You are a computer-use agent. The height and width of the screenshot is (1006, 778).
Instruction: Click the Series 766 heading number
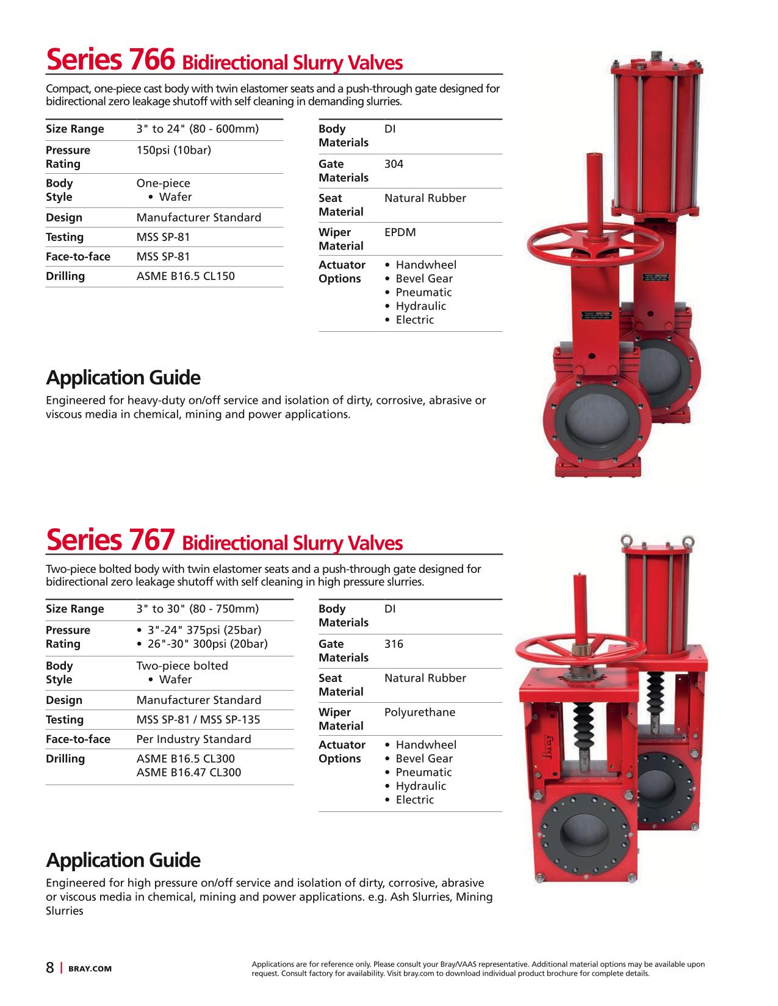coord(153,60)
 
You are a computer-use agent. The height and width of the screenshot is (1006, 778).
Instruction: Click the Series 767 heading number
coord(153,540)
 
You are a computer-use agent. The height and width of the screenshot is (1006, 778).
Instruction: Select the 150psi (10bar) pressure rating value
coord(174,150)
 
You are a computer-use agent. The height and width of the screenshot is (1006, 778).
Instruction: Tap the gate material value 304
coord(394,164)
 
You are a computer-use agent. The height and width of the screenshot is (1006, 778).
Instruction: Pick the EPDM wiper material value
coord(400,232)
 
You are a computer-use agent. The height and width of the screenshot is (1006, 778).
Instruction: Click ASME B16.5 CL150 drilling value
coord(185,276)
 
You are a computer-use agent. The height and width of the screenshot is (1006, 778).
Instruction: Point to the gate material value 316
coord(394,644)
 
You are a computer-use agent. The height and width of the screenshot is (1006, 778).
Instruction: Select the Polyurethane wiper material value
coord(420,713)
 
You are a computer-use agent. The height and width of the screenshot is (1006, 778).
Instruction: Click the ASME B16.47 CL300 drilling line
coord(189,773)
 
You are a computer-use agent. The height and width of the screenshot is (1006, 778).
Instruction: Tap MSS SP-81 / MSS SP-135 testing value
coord(198,720)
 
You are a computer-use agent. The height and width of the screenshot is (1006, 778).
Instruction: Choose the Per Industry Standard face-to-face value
coord(193,739)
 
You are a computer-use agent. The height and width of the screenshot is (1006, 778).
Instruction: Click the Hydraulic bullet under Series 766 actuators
coord(420,306)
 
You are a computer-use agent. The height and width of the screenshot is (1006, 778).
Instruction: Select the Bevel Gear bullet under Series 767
coord(424,759)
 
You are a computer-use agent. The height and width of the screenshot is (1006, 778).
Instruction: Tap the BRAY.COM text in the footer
coord(90,969)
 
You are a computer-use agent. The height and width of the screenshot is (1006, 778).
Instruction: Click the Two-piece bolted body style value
coord(182,666)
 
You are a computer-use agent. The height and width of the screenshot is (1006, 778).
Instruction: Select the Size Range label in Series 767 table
coord(75,609)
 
